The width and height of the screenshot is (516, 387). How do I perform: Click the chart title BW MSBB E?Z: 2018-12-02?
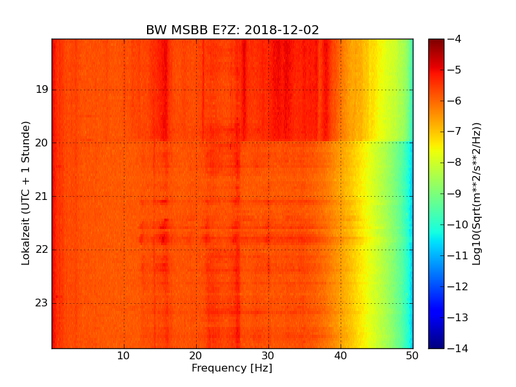coord(232,30)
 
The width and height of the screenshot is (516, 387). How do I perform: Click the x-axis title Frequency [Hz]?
coord(232,368)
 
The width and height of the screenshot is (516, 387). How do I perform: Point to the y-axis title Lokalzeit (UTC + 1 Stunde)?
coord(26,193)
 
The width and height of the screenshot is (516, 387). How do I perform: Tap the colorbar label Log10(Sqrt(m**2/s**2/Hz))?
coord(477,193)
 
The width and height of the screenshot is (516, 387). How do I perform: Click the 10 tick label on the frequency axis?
coord(124,355)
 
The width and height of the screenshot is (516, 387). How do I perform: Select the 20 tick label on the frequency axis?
coord(196,355)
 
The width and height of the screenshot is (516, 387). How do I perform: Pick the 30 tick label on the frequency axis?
coord(268,355)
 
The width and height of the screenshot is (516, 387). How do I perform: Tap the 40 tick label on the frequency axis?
coord(341,355)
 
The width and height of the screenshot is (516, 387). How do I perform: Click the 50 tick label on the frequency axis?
coord(412,355)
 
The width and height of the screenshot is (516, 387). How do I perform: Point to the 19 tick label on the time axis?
coord(42,90)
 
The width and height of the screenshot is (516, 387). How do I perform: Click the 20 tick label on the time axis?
coord(42,143)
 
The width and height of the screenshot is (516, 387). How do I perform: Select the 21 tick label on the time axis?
coord(42,196)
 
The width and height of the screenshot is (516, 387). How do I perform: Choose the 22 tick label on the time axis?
coord(42,250)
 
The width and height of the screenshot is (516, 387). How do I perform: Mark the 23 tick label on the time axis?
coord(42,303)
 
